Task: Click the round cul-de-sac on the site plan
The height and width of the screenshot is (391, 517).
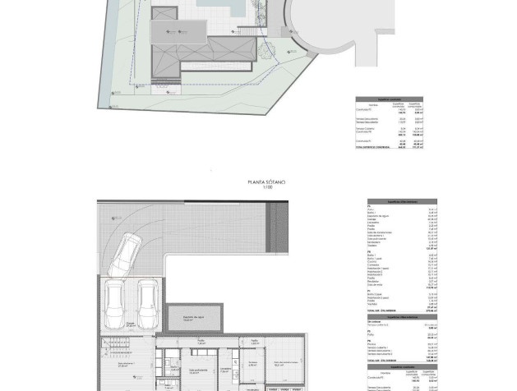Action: click(x=321, y=25)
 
